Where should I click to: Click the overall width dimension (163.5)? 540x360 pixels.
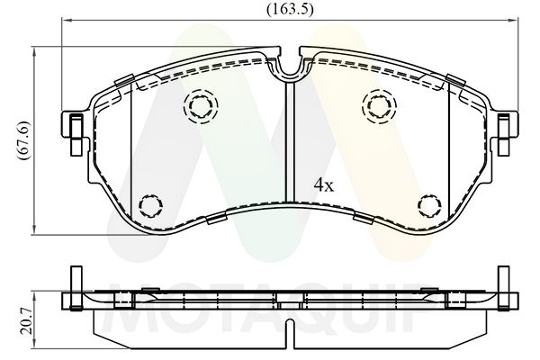pos(285,9)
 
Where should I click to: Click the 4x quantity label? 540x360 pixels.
pos(323,185)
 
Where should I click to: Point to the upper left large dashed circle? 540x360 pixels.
pos(200,108)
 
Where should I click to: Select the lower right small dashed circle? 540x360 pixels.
pos(429,207)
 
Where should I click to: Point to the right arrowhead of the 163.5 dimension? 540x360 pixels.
pos(511,21)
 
